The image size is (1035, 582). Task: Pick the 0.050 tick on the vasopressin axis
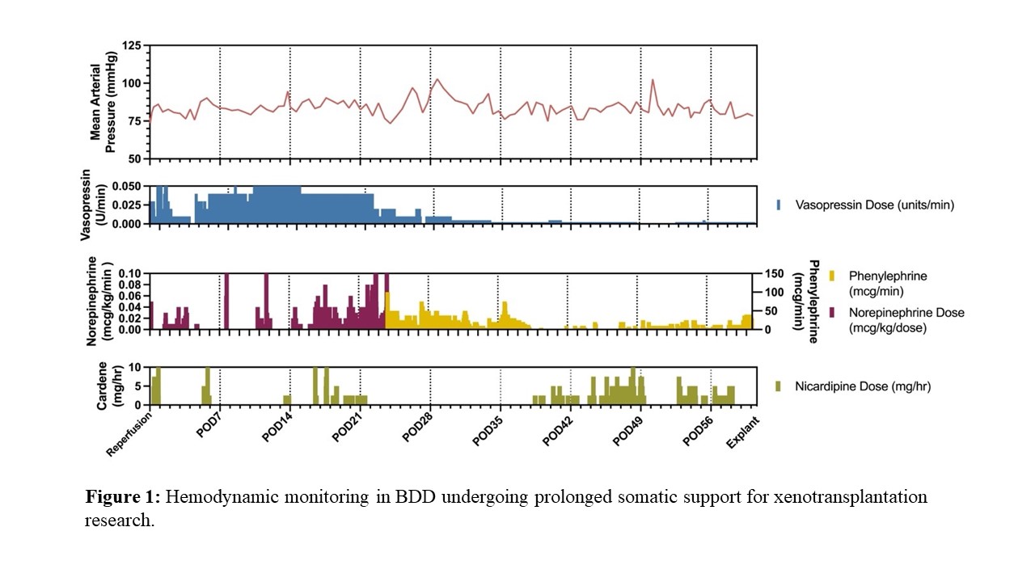pos(127,186)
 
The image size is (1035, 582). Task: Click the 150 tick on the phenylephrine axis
pos(775,273)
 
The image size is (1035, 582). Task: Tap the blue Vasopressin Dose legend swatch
pos(778,205)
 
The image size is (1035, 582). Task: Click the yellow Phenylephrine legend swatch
pos(834,276)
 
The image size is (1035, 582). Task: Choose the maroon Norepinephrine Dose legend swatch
pos(834,312)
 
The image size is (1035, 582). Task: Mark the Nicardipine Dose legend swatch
pos(778,386)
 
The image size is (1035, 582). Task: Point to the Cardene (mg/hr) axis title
pos(103,386)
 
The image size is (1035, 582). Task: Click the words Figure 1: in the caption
pos(123,496)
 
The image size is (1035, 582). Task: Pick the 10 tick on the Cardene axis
pos(137,367)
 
